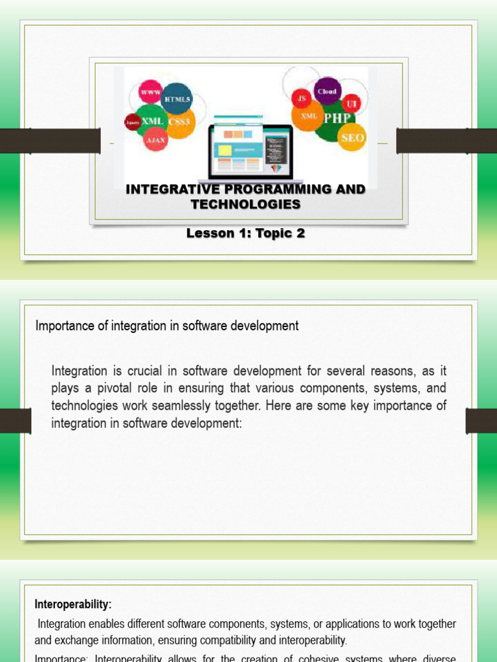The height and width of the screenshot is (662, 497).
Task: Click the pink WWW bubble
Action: (150, 92)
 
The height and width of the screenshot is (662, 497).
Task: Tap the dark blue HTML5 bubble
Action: (177, 99)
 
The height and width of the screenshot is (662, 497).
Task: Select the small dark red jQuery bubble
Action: (133, 122)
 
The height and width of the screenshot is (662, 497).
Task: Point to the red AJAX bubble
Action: (156, 139)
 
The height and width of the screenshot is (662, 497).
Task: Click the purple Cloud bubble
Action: (327, 91)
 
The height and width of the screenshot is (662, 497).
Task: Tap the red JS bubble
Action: (301, 99)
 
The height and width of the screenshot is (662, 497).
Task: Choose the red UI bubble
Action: (351, 103)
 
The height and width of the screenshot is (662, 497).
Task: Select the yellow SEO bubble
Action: (352, 137)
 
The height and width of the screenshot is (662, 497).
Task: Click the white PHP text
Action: (337, 118)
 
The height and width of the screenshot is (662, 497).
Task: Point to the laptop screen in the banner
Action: (250, 149)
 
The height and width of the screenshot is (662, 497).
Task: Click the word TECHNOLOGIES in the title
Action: (245, 204)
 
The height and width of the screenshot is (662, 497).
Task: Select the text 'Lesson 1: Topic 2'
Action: (245, 233)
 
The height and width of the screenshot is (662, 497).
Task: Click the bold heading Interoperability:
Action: (73, 604)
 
